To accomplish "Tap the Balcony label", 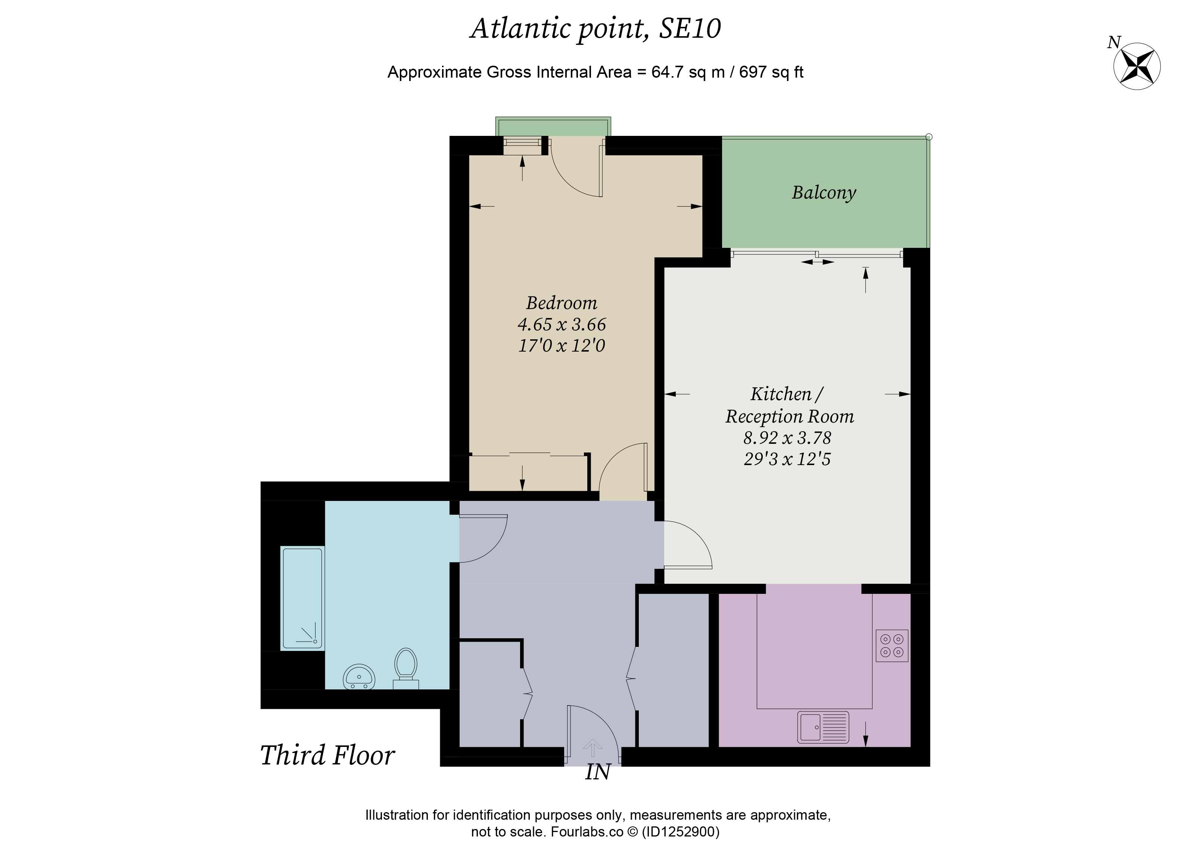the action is tap(823, 193).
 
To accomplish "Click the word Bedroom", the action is tap(562, 303).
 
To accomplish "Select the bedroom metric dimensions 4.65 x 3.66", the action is tap(562, 324).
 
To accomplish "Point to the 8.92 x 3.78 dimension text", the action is tap(787, 437).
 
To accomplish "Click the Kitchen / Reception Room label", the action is tap(789, 405).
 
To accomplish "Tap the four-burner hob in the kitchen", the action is tap(892, 645).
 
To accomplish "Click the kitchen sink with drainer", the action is tap(822, 727).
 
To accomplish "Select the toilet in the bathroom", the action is tap(406, 669).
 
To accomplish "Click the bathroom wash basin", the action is tap(359, 676).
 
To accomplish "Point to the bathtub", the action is tap(302, 598).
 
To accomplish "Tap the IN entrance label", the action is tap(598, 772).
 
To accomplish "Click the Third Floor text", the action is tap(327, 755).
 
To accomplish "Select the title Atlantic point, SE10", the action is tap(595, 28).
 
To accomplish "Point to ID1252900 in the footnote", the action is tap(681, 832).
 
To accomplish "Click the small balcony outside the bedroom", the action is tap(553, 127).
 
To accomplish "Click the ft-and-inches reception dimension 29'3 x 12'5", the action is tap(787, 459).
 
